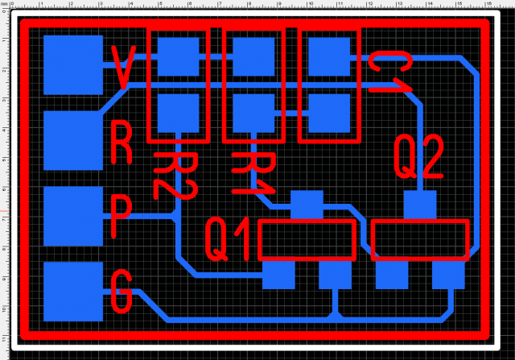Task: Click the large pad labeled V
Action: click(73, 65)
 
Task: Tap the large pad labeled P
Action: click(73, 216)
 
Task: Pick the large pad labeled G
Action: click(73, 291)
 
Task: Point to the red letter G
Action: click(122, 292)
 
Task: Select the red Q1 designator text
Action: click(231, 239)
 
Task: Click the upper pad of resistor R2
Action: click(178, 56)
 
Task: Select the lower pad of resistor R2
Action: click(178, 113)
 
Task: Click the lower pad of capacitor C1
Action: click(328, 113)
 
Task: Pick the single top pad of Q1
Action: click(306, 205)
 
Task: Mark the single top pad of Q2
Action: click(419, 205)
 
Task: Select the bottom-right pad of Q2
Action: click(448, 275)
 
